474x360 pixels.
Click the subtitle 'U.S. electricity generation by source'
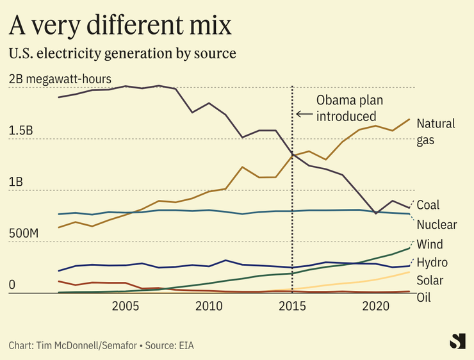pyautogui.click(x=122, y=53)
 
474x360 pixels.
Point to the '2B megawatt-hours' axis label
pyautogui.click(x=61, y=79)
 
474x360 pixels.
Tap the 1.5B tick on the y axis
pyautogui.click(x=21, y=130)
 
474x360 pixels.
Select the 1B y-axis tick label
pyautogui.click(x=16, y=182)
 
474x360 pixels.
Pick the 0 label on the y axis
pyautogui.click(x=12, y=285)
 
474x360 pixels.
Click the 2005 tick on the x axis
pyautogui.click(x=126, y=306)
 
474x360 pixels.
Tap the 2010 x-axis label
pyautogui.click(x=209, y=306)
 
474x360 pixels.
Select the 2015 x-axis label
pyautogui.click(x=292, y=306)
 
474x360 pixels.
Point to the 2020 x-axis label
pyautogui.click(x=375, y=306)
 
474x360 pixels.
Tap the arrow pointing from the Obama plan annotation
pyautogui.click(x=304, y=115)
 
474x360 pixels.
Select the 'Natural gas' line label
pyautogui.click(x=436, y=131)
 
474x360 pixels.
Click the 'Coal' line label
pyautogui.click(x=428, y=205)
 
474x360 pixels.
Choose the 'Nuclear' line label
pyautogui.click(x=437, y=224)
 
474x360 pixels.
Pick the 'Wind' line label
pyautogui.click(x=430, y=244)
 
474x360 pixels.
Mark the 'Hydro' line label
pyautogui.click(x=432, y=263)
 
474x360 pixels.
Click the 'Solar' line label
pyautogui.click(x=430, y=281)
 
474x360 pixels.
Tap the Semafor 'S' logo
pyautogui.click(x=457, y=341)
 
